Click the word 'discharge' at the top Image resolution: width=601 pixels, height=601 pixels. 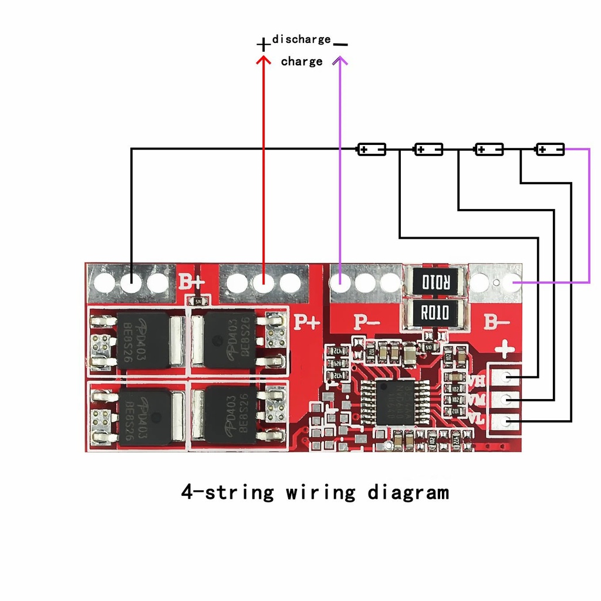click(301, 39)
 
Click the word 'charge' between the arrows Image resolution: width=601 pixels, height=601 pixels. click(302, 62)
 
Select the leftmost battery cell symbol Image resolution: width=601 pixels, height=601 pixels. click(372, 149)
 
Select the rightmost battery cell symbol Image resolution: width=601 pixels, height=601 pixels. click(550, 149)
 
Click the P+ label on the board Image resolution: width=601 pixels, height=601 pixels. click(306, 322)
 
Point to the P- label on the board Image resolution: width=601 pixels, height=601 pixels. click(366, 322)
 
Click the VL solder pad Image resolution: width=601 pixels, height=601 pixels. click(506, 421)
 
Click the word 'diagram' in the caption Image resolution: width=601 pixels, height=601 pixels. click(408, 492)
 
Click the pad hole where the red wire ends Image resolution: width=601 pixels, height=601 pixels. click(264, 283)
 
